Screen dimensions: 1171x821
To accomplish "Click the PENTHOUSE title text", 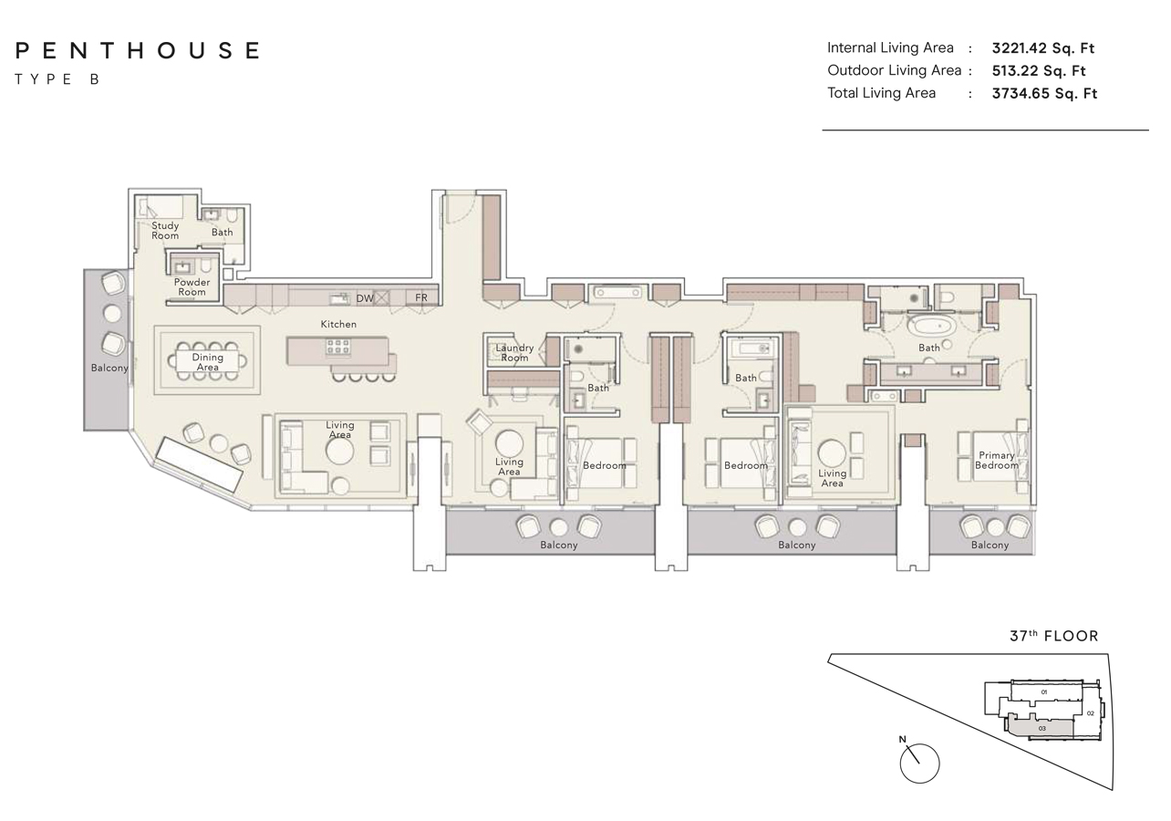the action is pos(138,51).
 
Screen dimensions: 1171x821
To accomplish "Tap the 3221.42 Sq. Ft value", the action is pos(1043,48).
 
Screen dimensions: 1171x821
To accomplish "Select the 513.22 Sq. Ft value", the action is pos(1039,70).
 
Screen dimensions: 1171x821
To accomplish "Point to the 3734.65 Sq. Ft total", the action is pos(1044,93).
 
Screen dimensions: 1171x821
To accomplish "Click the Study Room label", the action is pos(165,231).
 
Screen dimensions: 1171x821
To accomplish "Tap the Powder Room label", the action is pos(192,287).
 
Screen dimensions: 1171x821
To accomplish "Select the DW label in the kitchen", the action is pos(365,298).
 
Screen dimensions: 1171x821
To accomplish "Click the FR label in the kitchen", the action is pos(421,297).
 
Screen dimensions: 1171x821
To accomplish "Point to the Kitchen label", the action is pos(338,324).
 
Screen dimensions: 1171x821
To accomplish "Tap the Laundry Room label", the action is pos(514,352).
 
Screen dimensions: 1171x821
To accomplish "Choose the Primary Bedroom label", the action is pos(997,460).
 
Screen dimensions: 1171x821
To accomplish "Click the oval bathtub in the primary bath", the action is pos(932,327).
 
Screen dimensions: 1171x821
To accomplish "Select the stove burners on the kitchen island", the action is pos(338,347).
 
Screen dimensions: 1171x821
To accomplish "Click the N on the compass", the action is pos(902,740).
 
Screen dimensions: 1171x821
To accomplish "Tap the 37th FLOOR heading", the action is pos(1054,636).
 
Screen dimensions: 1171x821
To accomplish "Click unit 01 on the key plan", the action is pos(1044,691).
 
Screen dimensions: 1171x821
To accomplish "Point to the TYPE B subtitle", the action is pos(57,79).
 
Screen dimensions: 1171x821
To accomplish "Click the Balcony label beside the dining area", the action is pos(109,369).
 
